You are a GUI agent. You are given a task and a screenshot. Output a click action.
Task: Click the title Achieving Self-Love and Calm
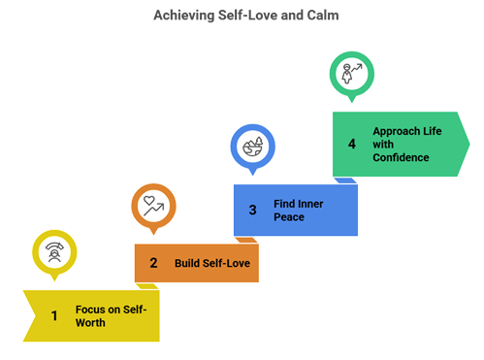tap(242, 16)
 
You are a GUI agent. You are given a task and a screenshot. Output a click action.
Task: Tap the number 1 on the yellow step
tap(54, 315)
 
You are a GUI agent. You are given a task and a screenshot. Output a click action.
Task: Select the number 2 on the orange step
tap(153, 263)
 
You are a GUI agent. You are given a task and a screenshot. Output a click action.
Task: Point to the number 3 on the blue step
tap(252, 210)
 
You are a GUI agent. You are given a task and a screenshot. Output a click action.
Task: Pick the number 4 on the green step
tap(352, 144)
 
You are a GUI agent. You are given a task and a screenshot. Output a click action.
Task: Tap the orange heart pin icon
tap(151, 205)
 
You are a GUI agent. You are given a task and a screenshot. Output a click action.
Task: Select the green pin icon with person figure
tap(350, 73)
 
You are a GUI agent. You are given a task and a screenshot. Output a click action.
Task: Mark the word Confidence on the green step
tap(401, 157)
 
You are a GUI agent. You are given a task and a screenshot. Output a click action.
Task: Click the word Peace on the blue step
tap(289, 216)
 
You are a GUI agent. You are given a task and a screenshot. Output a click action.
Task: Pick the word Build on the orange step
tap(187, 263)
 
